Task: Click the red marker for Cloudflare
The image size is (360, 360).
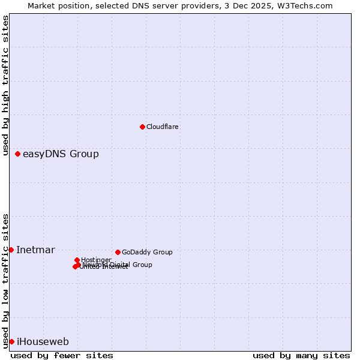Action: pos(142,127)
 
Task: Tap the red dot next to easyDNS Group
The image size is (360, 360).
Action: pos(18,154)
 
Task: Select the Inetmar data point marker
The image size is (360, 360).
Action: pos(11,250)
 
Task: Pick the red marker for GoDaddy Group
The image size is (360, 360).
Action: pos(118,252)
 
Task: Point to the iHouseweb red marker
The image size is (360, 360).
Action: pos(11,341)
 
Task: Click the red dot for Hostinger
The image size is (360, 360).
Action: pos(77,260)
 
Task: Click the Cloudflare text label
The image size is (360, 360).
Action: pos(163,127)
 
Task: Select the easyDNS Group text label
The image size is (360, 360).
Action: pos(61,154)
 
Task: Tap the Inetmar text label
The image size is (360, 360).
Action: pos(35,250)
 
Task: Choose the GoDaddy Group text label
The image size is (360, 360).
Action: pos(147,252)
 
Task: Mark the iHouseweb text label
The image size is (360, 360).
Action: pos(43,342)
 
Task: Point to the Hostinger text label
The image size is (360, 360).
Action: pos(96,260)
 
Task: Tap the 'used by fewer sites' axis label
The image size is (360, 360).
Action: pos(62,355)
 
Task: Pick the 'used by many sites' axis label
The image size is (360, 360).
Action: pos(301,355)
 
